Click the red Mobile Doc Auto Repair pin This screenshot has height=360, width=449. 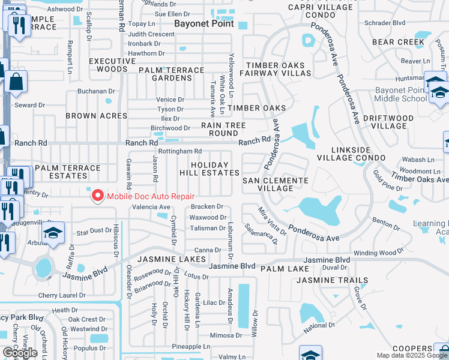pyautogui.click(x=97, y=196)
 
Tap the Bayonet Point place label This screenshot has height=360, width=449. pyautogui.click(x=203, y=25)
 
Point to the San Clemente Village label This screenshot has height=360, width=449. pyautogui.click(x=275, y=184)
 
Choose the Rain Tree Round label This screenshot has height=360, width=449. pyautogui.click(x=223, y=129)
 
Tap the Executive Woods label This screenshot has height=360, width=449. pyautogui.click(x=112, y=65)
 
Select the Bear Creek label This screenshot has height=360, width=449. pyautogui.click(x=398, y=42)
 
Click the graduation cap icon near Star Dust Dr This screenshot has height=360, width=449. pyautogui.click(x=53, y=233)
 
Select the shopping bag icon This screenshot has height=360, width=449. pyautogui.click(x=16, y=81)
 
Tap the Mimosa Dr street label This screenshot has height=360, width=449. pyautogui.click(x=226, y=336)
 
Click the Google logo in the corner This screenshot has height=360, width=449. pyautogui.click(x=20, y=353)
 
